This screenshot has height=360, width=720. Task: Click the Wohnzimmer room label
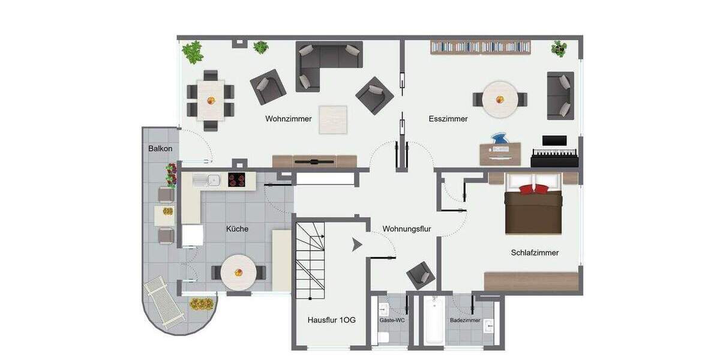coord(289,119)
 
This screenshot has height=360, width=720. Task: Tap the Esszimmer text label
coord(448,119)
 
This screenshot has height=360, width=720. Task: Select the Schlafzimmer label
coord(535,253)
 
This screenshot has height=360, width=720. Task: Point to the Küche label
coord(237,229)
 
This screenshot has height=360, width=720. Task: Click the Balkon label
coord(160,148)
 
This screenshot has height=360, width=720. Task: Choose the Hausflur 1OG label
coord(331,320)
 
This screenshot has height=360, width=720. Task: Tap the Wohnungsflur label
coord(407,229)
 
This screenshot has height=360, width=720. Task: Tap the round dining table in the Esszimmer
coord(500,99)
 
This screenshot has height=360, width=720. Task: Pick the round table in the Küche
coord(238,273)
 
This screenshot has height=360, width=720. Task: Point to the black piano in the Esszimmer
coord(554,155)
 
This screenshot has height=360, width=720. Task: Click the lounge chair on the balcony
coord(164,302)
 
